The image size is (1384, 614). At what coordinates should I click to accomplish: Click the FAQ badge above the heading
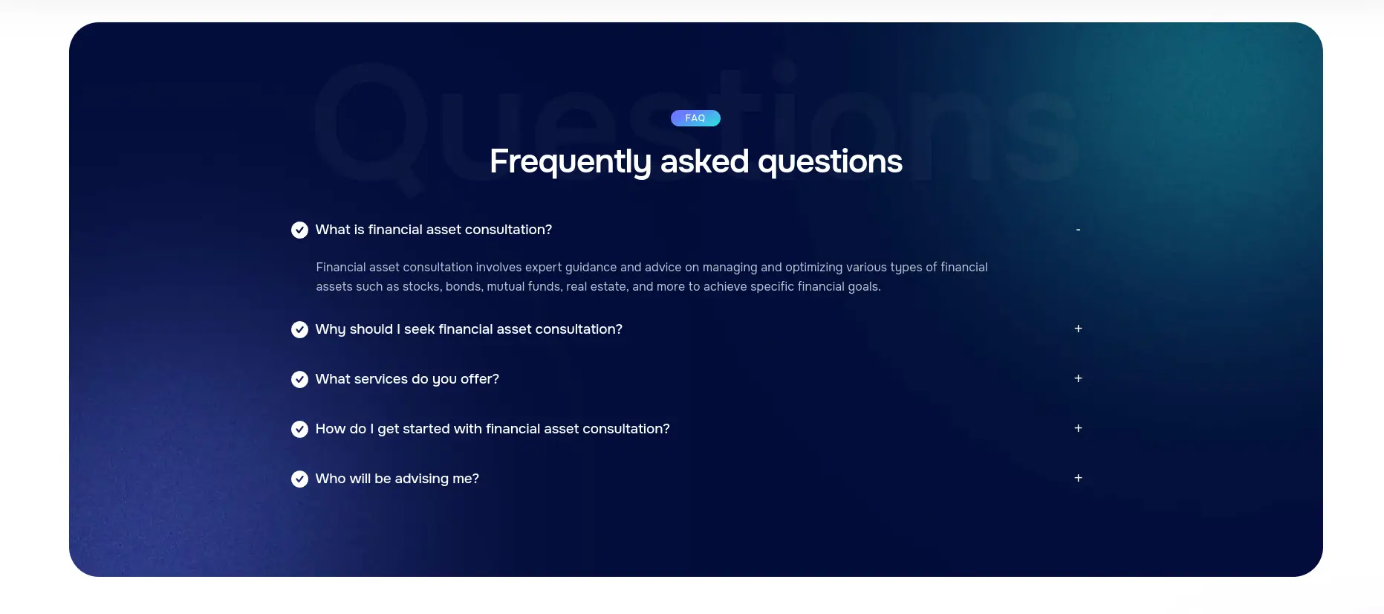pyautogui.click(x=695, y=118)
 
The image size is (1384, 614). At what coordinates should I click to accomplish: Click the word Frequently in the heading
pyautogui.click(x=571, y=162)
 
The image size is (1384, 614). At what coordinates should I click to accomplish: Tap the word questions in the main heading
pyautogui.click(x=830, y=162)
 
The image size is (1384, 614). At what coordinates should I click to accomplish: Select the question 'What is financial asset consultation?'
pyautogui.click(x=434, y=230)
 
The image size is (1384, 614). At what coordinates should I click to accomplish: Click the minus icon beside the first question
pyautogui.click(x=1078, y=230)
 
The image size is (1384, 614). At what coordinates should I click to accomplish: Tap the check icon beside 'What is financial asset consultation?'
pyautogui.click(x=299, y=230)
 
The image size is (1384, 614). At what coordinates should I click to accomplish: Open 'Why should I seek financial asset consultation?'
pyautogui.click(x=469, y=329)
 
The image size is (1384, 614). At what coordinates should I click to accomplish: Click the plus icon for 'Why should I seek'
pyautogui.click(x=1078, y=329)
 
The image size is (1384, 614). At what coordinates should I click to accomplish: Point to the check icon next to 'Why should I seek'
pyautogui.click(x=299, y=329)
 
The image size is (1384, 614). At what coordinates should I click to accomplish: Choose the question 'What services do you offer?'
pyautogui.click(x=407, y=379)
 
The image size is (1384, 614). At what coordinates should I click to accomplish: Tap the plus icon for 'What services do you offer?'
pyautogui.click(x=1078, y=378)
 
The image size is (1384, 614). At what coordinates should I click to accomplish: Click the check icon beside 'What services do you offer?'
pyautogui.click(x=299, y=379)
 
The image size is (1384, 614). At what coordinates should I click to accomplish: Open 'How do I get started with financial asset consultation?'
pyautogui.click(x=493, y=429)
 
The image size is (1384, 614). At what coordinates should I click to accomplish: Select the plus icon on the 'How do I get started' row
pyautogui.click(x=1078, y=428)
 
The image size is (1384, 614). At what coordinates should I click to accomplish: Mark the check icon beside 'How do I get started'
pyautogui.click(x=299, y=429)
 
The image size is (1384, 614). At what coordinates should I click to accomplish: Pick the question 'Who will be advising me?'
pyautogui.click(x=397, y=479)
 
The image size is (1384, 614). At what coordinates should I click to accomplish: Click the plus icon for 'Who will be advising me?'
pyautogui.click(x=1078, y=478)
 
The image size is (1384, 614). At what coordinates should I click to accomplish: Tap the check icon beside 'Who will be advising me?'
pyautogui.click(x=299, y=479)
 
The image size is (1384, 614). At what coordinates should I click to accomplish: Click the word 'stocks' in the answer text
pyautogui.click(x=422, y=287)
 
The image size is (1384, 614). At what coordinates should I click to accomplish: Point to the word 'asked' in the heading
pyautogui.click(x=704, y=162)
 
